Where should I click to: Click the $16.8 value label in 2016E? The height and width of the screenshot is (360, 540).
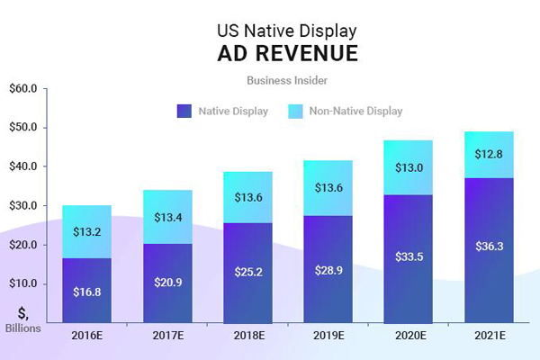pyautogui.click(x=87, y=291)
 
